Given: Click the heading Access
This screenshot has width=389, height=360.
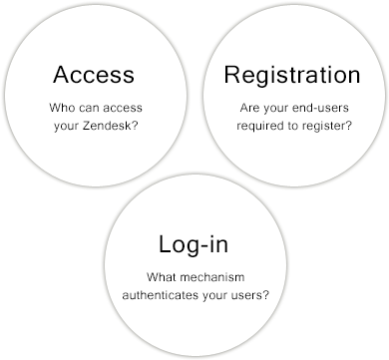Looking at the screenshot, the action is coord(95,75).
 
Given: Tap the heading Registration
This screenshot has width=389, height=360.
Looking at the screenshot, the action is coord(291,75).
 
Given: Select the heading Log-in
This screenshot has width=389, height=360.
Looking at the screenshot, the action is coord(194,244).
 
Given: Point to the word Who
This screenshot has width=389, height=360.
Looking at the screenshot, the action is coord(61,109).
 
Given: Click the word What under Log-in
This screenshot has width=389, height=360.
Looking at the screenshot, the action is coord(162,276).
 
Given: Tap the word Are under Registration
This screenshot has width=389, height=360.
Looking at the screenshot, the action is coord(250,109).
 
